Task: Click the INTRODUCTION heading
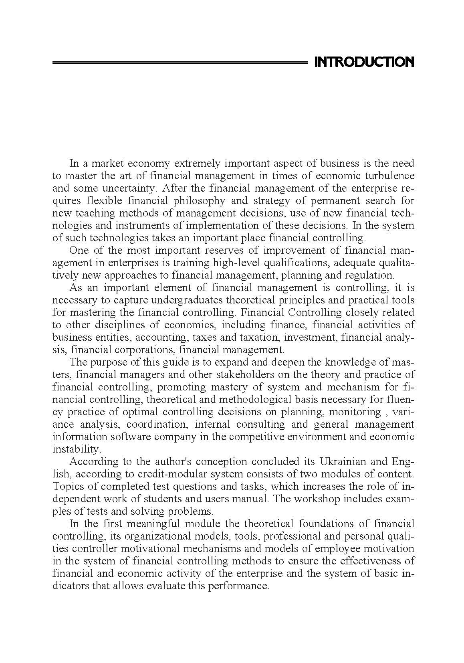(x=364, y=62)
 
